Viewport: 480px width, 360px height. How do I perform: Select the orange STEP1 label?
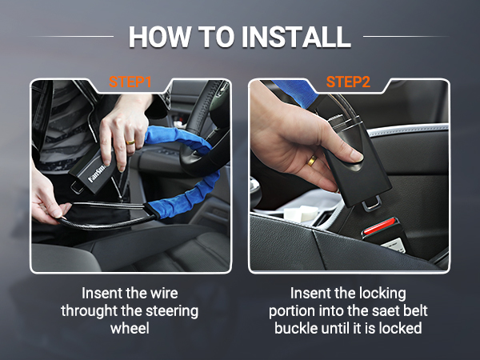point(130,82)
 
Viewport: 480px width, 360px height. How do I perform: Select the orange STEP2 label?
point(348,82)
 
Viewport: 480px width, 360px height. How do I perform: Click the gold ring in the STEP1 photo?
point(130,142)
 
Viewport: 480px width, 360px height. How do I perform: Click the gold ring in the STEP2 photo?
point(312,162)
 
